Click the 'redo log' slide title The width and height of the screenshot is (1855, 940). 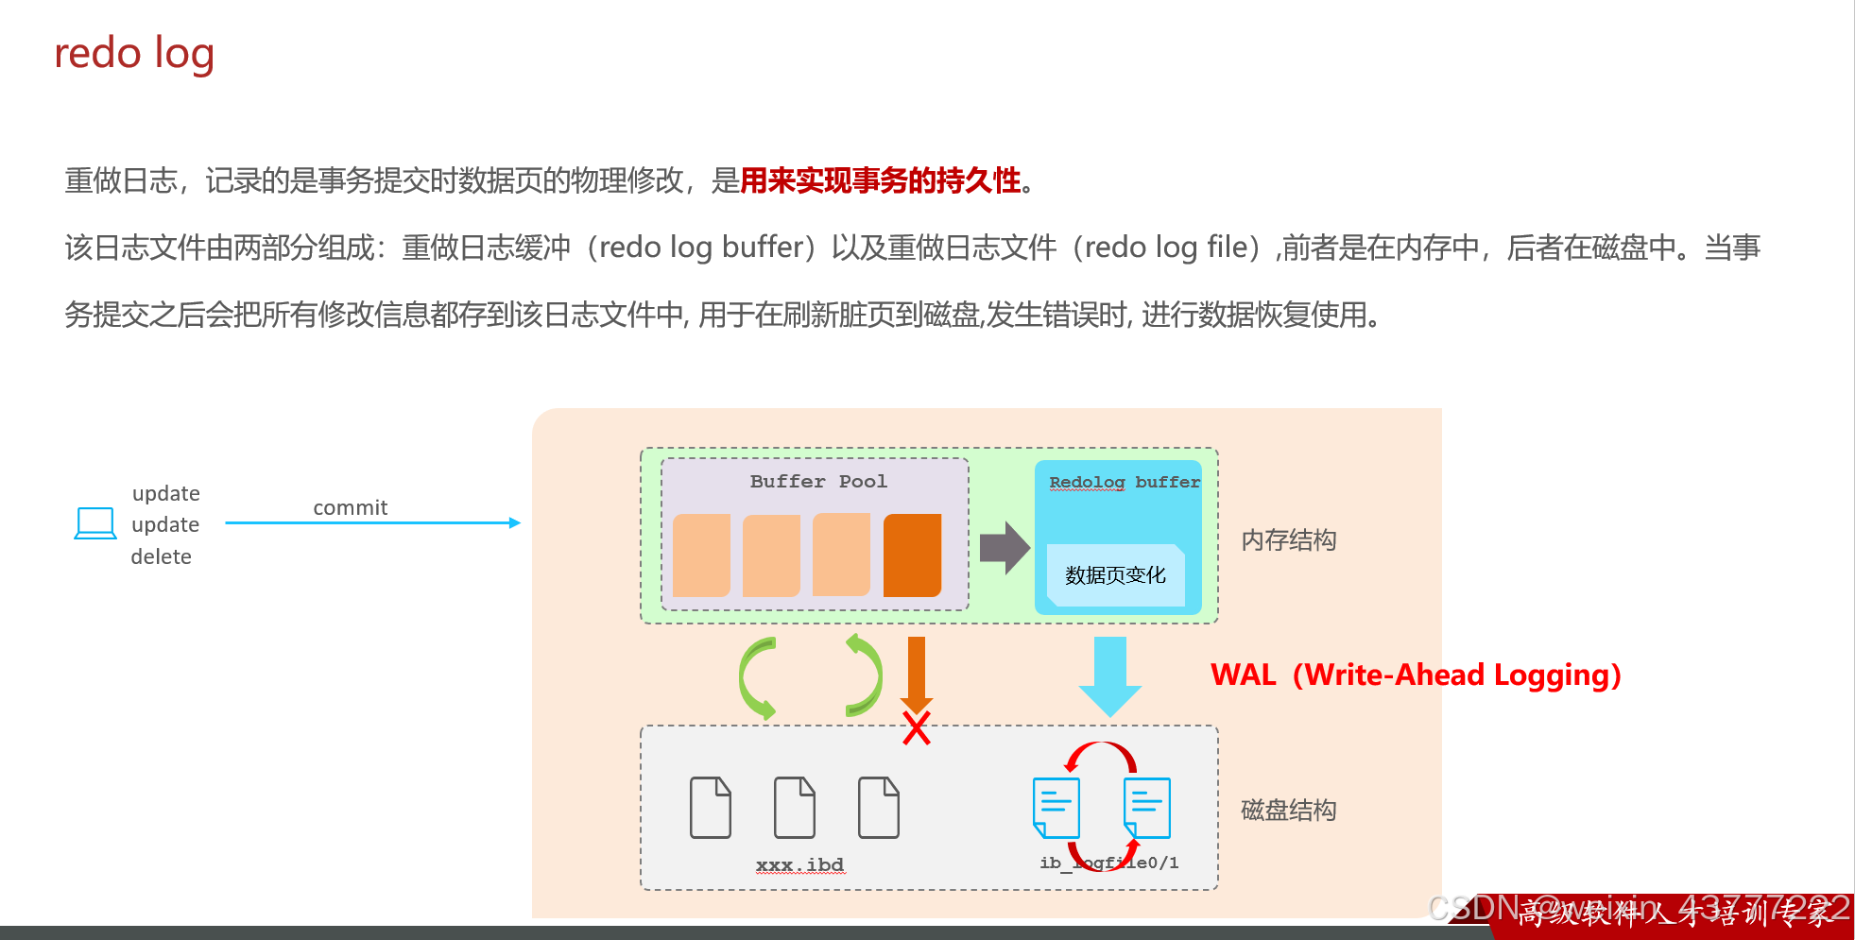click(x=134, y=54)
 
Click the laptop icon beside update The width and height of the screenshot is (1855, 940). click(x=95, y=523)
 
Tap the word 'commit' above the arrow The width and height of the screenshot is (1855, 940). click(x=350, y=507)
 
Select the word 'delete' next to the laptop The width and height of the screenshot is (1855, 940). click(x=161, y=556)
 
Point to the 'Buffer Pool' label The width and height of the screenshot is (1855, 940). click(x=818, y=481)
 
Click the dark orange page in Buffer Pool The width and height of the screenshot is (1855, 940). click(x=912, y=555)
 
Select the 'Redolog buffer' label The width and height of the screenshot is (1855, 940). click(x=1124, y=482)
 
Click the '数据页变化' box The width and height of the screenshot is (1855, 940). click(x=1115, y=574)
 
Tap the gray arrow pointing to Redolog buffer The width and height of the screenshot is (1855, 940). click(x=1004, y=547)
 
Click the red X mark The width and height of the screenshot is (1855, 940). click(x=916, y=728)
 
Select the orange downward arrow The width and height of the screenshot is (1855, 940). click(x=916, y=673)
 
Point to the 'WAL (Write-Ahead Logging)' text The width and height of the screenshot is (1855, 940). click(x=1416, y=675)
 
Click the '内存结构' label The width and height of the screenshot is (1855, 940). click(x=1288, y=540)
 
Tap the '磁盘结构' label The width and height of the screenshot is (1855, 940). click(x=1288, y=810)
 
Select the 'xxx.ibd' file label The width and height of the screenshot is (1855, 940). click(x=799, y=864)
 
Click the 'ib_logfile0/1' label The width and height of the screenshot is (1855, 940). click(x=1109, y=863)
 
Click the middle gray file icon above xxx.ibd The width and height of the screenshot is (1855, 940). click(x=795, y=808)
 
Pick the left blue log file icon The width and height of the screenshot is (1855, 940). click(x=1056, y=807)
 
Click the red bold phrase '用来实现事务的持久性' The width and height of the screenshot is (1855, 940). click(x=880, y=179)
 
